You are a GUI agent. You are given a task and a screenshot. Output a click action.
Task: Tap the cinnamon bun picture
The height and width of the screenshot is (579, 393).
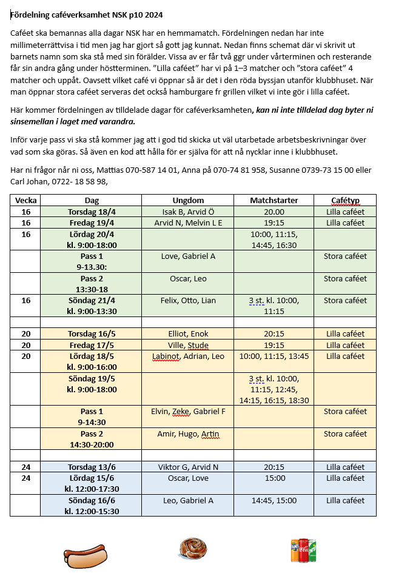pos(193,548)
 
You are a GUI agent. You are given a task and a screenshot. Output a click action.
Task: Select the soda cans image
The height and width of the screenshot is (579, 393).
pos(303,551)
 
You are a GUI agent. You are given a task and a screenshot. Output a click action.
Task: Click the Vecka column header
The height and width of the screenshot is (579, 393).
pos(25,200)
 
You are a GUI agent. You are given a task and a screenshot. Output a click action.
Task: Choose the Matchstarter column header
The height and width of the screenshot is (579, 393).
pos(274,200)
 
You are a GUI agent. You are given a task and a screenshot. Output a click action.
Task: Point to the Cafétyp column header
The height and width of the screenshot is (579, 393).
pos(345,200)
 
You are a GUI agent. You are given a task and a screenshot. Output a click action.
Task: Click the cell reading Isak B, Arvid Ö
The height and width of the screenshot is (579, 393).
pos(187,212)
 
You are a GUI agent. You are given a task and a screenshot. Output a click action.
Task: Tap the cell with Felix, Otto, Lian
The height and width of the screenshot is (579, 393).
pos(187,300)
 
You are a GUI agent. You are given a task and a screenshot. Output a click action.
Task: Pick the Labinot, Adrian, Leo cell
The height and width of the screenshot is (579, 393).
pos(187,356)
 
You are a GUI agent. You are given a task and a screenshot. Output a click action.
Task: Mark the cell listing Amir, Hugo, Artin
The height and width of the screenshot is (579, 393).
pos(187,433)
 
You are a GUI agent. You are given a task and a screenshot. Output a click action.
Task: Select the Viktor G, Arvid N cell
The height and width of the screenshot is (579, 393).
pos(187,467)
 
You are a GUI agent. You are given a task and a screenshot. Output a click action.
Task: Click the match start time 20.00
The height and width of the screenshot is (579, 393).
pos(274,212)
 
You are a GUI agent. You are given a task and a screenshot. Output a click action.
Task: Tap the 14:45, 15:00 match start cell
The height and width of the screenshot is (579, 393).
pos(274,500)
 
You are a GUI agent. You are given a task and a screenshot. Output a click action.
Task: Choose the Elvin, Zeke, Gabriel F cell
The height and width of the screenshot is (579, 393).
pos(187,411)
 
